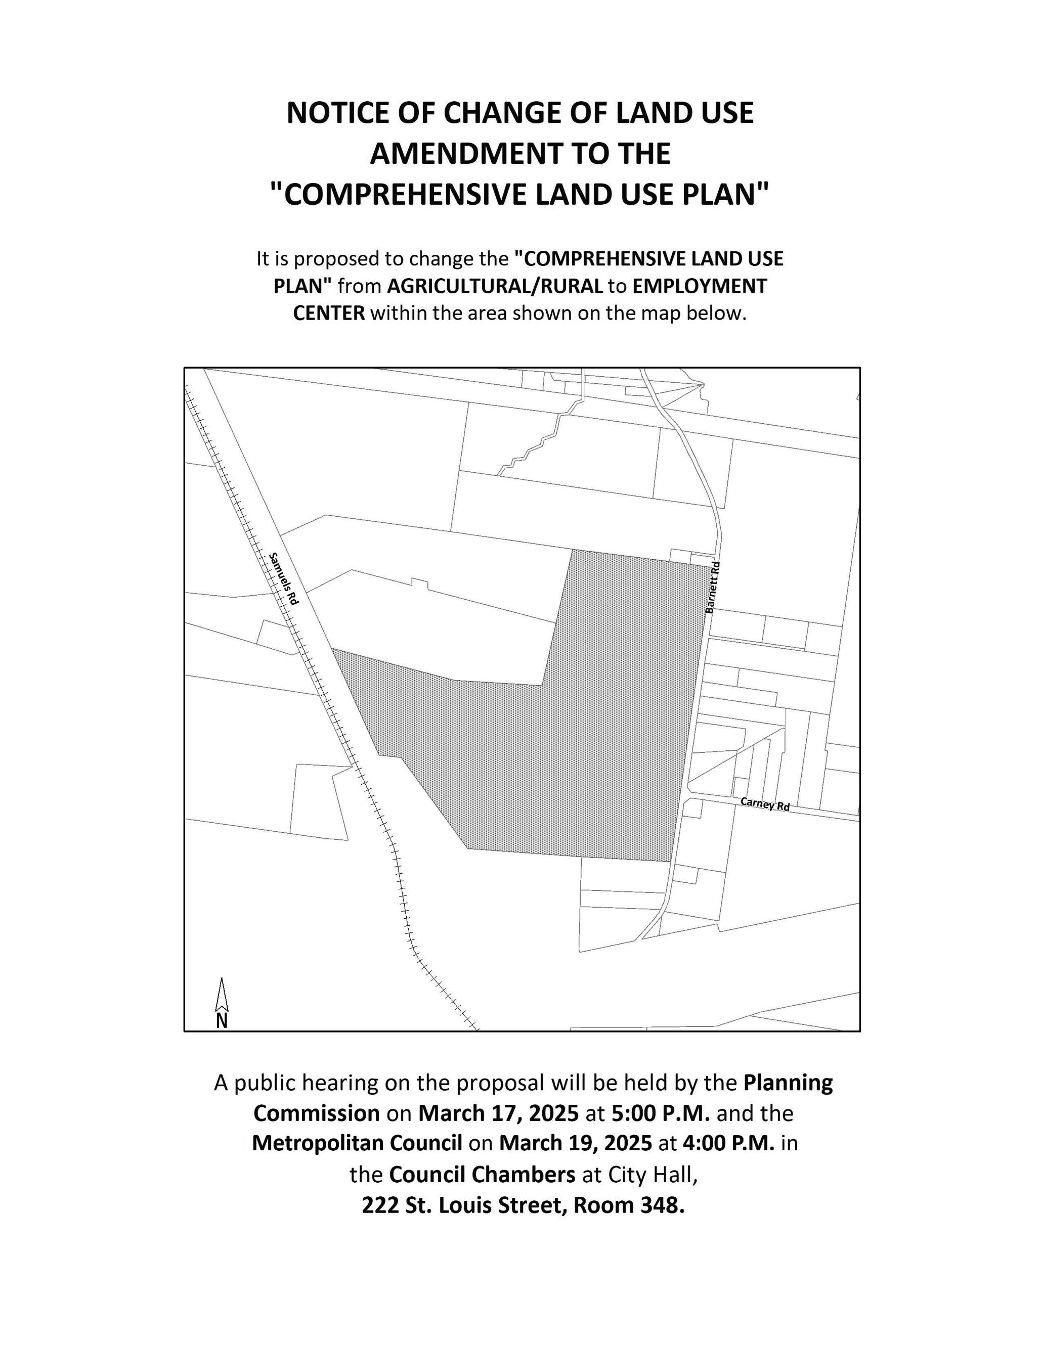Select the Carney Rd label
pos(765,804)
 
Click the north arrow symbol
pos(222,1003)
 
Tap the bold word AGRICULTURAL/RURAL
pos(495,286)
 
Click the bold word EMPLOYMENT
pos(700,286)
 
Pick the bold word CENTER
pos(328,313)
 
